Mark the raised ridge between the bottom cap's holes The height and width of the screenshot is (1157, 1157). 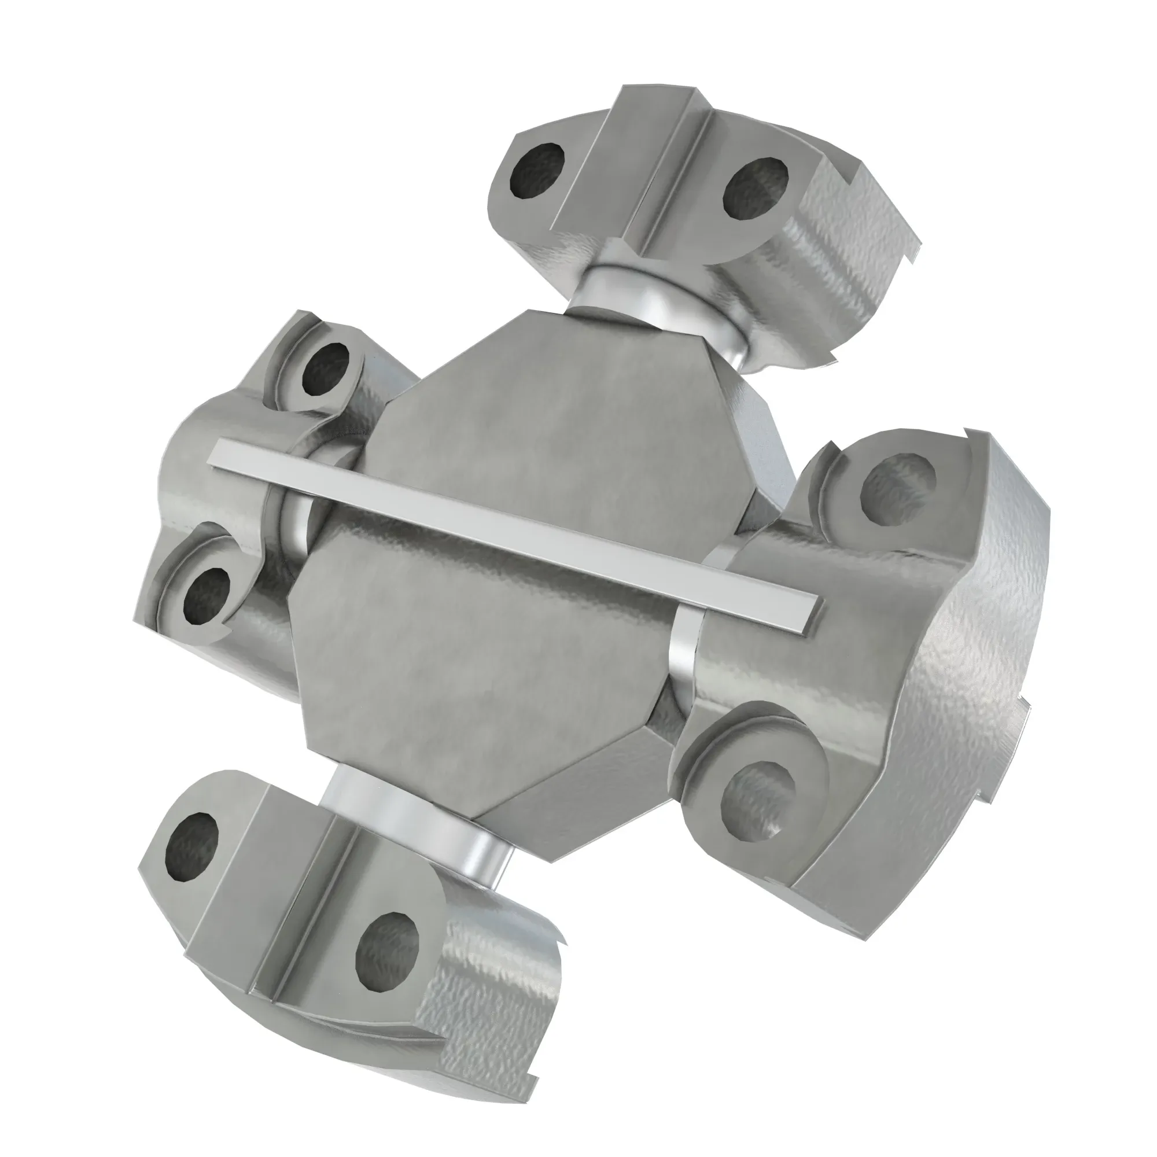pos(282,880)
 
